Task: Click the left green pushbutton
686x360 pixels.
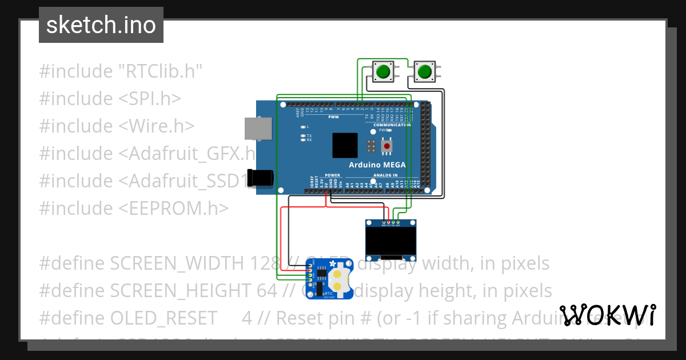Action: [382, 72]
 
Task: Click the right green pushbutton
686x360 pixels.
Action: [424, 72]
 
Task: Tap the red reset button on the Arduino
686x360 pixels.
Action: [387, 147]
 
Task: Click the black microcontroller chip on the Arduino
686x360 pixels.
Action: [345, 145]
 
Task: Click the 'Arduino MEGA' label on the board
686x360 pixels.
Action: [377, 165]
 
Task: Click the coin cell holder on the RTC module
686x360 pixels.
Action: [338, 278]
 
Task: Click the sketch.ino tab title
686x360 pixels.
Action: [101, 25]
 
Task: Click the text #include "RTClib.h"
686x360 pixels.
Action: [121, 71]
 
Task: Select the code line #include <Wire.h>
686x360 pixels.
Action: [117, 126]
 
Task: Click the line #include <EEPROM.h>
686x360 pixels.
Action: [134, 208]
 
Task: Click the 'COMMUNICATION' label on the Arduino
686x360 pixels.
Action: [392, 125]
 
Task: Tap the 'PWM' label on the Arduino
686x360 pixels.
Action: [333, 117]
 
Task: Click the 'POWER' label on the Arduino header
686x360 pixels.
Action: [332, 175]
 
